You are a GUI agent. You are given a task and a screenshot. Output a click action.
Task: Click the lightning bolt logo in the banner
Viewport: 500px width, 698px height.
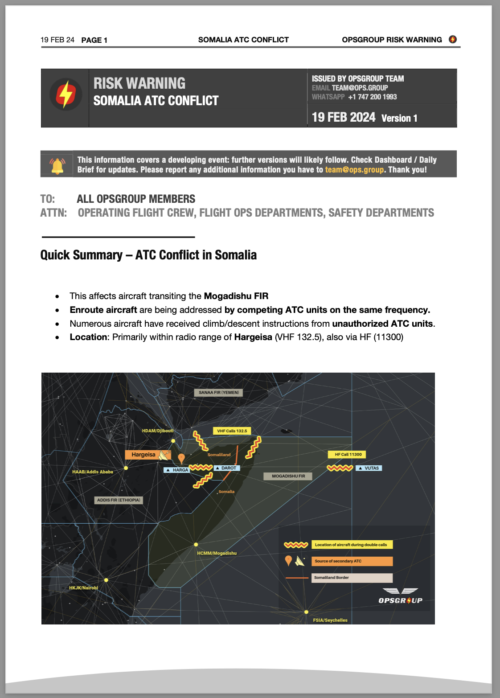66,94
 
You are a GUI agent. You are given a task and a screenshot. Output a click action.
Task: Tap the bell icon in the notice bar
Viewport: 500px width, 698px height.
57,165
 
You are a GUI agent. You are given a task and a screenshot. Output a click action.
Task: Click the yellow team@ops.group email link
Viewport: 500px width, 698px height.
354,170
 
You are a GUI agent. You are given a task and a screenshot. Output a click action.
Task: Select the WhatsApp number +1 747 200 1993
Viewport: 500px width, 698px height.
372,97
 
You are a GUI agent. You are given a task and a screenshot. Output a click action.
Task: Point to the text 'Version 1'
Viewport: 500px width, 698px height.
399,119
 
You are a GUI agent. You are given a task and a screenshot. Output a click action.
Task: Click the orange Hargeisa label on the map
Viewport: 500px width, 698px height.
143,455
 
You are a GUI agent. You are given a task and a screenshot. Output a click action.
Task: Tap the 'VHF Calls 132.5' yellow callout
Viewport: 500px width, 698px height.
232,431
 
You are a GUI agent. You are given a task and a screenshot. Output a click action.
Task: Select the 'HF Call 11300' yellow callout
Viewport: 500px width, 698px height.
348,455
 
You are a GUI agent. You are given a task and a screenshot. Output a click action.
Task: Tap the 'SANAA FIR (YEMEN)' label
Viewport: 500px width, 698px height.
218,393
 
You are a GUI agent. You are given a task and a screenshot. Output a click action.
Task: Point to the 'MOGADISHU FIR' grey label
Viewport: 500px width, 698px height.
288,476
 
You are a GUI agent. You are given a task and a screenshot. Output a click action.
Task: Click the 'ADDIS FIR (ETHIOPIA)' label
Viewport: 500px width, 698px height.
119,500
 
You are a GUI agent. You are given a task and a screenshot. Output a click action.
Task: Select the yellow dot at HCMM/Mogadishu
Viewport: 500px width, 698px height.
196,545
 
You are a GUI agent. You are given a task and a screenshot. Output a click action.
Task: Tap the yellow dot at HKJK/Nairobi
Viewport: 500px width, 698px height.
106,580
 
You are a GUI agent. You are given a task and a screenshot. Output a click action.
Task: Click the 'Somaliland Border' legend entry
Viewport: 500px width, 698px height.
352,578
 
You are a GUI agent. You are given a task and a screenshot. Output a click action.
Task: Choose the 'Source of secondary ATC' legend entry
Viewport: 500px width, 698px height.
352,561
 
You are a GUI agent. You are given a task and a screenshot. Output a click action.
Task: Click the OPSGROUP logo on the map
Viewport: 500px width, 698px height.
400,596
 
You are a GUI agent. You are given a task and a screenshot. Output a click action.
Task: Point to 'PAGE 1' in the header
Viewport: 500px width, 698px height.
94,40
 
